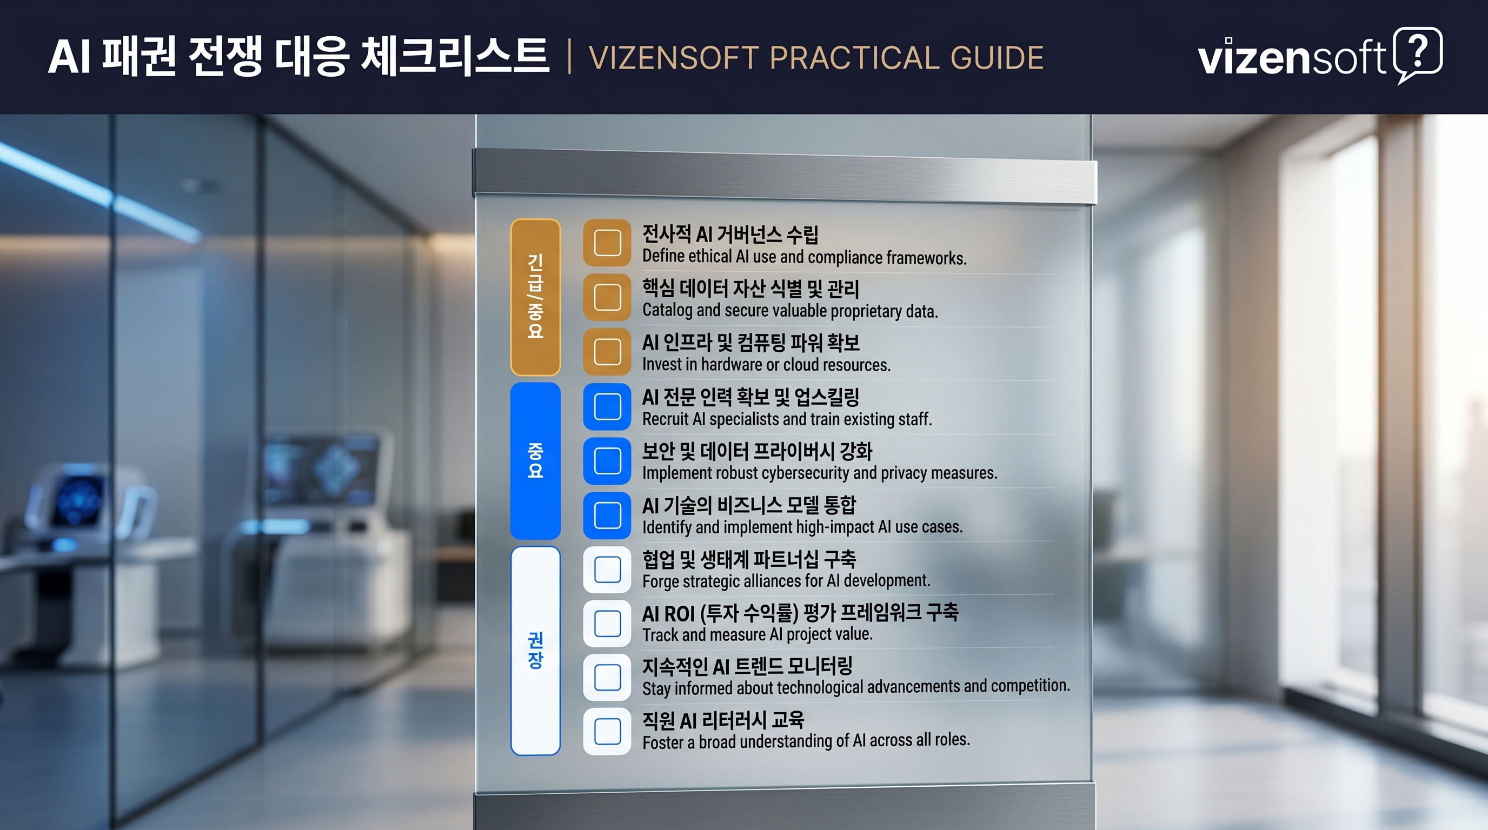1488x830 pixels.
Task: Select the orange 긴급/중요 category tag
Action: (535, 297)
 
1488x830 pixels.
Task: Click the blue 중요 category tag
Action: (535, 460)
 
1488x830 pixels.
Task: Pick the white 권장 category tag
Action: (535, 651)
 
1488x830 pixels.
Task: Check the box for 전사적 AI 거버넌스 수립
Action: (607, 243)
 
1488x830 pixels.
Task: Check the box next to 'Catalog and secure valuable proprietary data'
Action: (607, 297)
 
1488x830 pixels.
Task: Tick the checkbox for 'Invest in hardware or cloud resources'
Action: (607, 352)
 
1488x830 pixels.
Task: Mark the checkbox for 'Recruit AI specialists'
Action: (607, 406)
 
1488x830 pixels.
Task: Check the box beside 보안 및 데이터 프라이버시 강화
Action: (607, 460)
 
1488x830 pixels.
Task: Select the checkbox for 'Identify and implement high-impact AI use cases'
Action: (607, 515)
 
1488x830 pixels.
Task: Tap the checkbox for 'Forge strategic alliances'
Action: (607, 570)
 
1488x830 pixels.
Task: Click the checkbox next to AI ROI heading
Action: (607, 624)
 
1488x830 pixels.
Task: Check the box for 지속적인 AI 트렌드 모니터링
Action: (607, 677)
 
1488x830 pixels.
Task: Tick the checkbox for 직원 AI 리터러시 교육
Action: (607, 731)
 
